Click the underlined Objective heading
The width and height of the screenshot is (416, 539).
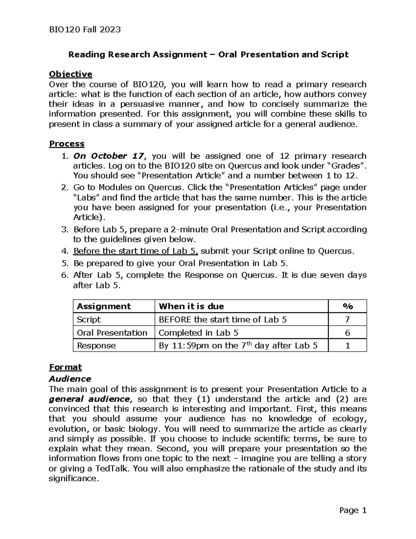coord(70,74)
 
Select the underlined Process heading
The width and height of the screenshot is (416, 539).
coord(67,144)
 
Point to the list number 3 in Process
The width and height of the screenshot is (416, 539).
coord(64,229)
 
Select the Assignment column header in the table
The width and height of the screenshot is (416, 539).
coord(104,306)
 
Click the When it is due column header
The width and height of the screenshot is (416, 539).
coord(191,306)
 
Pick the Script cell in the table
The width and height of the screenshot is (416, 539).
coord(89,320)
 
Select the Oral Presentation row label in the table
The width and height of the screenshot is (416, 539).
coord(112,333)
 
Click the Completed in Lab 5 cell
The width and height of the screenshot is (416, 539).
coord(198,333)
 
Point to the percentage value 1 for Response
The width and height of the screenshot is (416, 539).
coord(347,346)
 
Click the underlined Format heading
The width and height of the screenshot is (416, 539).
coord(65,367)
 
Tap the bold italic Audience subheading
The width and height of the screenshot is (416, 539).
coord(70,379)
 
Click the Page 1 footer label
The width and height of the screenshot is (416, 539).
coord(353,510)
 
